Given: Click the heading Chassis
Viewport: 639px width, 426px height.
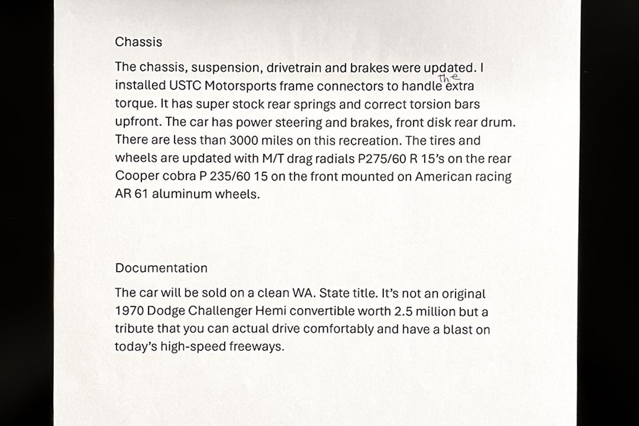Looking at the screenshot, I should [x=138, y=42].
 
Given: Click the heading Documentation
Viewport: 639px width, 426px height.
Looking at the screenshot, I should [x=161, y=268].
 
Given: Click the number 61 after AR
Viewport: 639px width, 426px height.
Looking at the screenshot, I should [x=141, y=194].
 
